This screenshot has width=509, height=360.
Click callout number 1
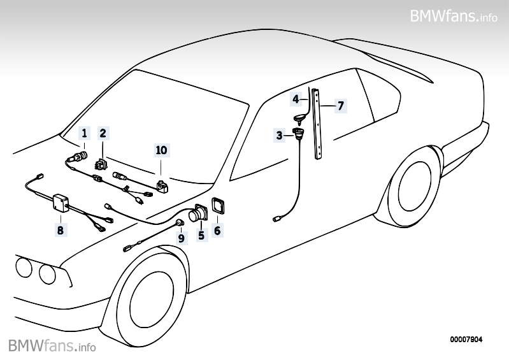point(83,133)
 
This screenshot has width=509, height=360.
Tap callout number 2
point(103,133)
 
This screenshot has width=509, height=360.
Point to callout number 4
point(296,99)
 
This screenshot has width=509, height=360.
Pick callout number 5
point(201,235)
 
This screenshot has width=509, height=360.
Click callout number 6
point(217,231)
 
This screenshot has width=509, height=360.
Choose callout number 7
point(341,105)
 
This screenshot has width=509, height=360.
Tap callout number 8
point(61,230)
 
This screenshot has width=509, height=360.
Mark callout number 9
point(181,238)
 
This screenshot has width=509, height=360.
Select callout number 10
point(161,150)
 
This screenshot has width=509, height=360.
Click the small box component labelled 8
point(61,203)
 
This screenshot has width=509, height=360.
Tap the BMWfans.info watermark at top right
point(454,15)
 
